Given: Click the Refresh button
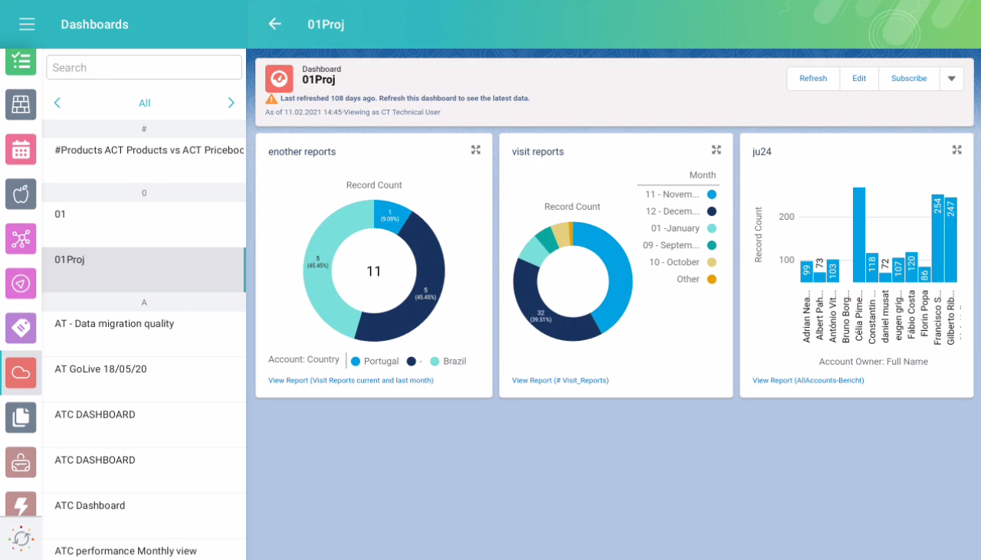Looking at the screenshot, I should click(813, 78).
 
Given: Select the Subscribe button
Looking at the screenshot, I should click(909, 78).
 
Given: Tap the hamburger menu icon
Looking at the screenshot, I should click(27, 25).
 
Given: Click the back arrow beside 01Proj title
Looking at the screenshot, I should click(274, 24).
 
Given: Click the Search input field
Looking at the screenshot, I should click(144, 67).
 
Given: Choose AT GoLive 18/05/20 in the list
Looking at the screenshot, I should click(100, 369).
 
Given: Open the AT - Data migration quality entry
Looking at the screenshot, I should click(114, 324).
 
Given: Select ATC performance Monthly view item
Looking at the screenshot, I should click(126, 551).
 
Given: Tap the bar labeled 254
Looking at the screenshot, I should click(937, 238).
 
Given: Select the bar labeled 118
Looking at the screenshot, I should click(872, 267).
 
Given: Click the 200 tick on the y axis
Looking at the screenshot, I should click(786, 217).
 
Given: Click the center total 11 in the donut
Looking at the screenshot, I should click(374, 271).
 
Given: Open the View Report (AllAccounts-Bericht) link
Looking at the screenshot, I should click(808, 380).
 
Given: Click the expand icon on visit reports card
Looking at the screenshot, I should click(717, 150).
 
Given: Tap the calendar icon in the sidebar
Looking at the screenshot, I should click(21, 149).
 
